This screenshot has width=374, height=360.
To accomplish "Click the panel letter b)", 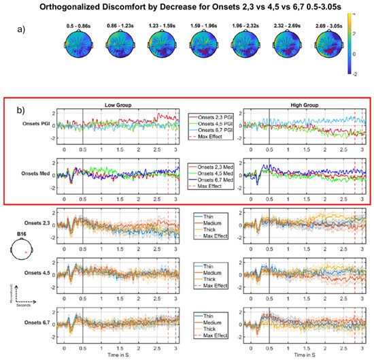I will click(x=29, y=109).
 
